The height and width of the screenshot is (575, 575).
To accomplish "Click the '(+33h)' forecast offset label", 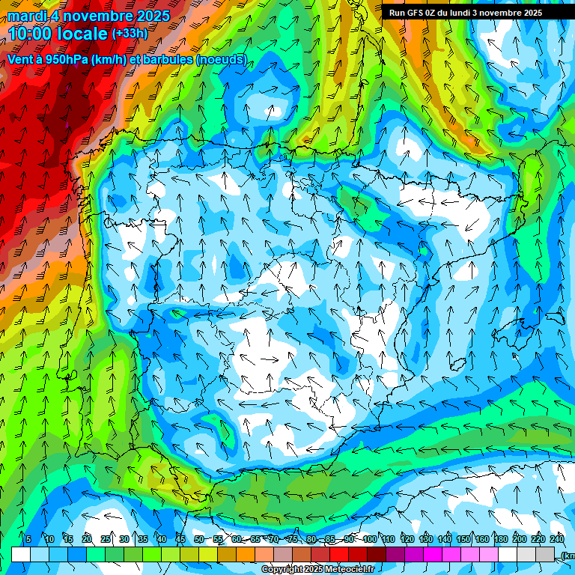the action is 130,33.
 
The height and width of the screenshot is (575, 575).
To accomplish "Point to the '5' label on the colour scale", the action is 28,539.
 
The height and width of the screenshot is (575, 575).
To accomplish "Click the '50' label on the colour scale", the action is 199,539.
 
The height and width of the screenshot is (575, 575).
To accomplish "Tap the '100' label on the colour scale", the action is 369,539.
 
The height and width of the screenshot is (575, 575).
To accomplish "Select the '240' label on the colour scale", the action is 556,539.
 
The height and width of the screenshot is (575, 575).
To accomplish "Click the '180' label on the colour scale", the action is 500,539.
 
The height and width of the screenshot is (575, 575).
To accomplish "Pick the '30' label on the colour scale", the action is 124,539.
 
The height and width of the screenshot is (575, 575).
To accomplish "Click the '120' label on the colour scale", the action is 407,539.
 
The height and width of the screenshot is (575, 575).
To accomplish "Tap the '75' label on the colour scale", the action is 293,539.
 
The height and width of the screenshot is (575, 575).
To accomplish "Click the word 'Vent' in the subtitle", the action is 20,59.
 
